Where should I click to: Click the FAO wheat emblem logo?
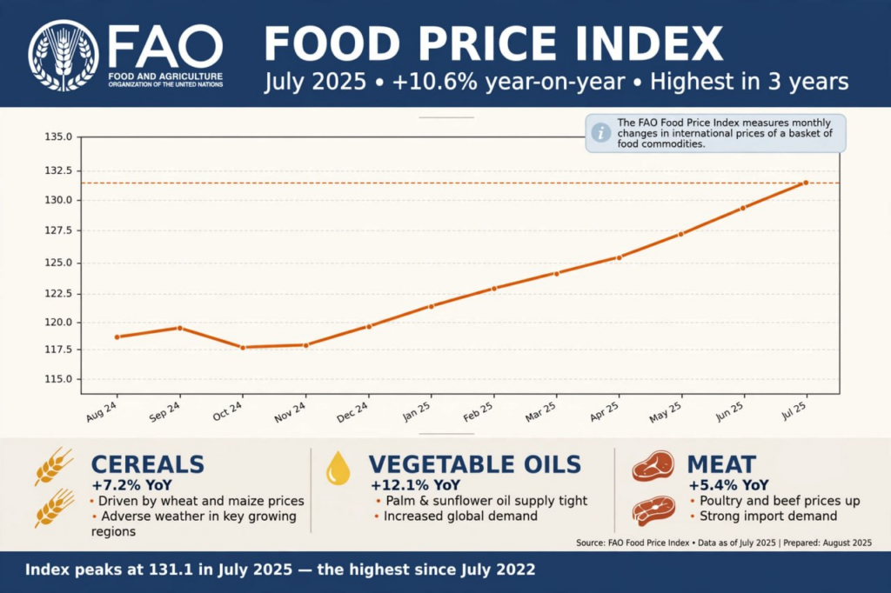[63, 55]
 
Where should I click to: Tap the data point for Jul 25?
[806, 183]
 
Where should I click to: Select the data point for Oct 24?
[244, 348]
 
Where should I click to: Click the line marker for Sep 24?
[180, 329]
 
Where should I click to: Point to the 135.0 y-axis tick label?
[58, 137]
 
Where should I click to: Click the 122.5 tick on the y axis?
[58, 294]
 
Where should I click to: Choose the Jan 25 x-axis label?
[417, 411]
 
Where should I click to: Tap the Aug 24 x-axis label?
[102, 411]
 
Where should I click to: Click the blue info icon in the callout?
[601, 133]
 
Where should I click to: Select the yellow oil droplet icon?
[338, 468]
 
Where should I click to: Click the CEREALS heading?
[148, 464]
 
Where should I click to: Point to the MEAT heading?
[721, 464]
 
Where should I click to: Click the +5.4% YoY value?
[728, 485]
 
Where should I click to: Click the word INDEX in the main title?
[648, 43]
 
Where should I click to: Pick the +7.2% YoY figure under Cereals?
[132, 485]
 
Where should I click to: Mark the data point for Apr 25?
[619, 257]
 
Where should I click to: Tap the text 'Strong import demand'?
[768, 516]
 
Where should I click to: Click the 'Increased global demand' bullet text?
[460, 516]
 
